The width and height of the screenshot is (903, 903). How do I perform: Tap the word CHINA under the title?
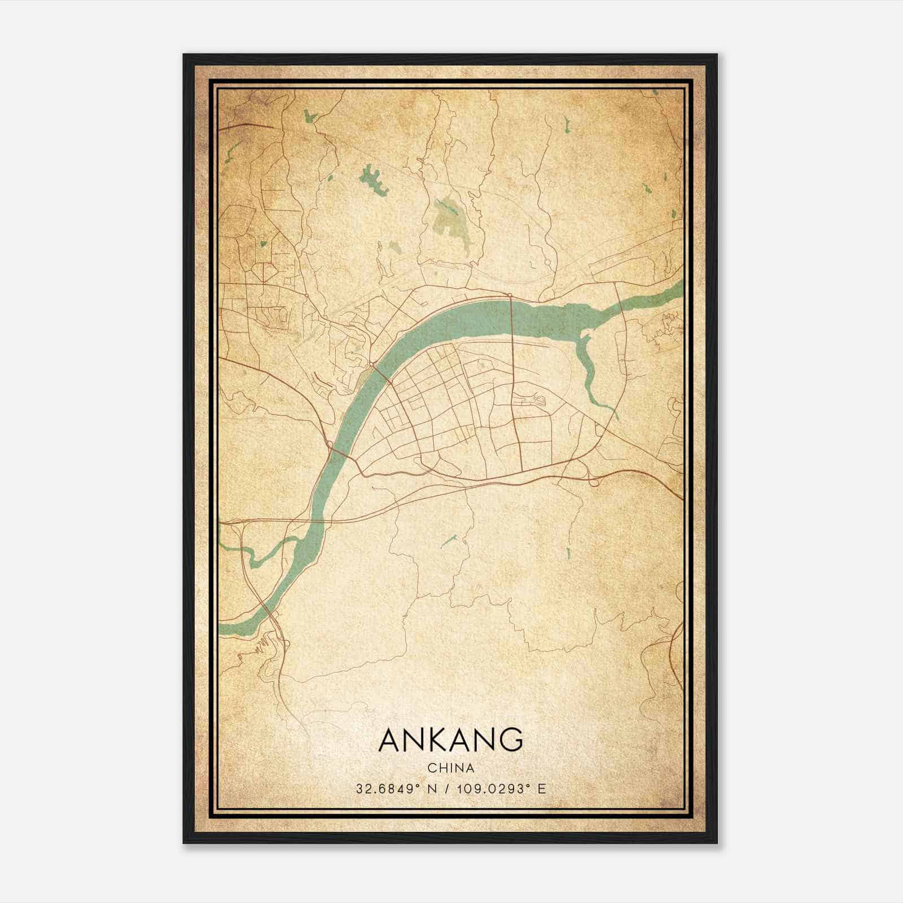[x=450, y=768]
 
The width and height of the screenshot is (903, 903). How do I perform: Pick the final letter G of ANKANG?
[x=510, y=740]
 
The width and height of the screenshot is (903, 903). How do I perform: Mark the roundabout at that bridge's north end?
[x=510, y=295]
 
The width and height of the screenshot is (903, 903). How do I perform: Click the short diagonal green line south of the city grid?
[x=449, y=541]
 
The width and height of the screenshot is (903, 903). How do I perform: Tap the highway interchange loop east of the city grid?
[x=593, y=480]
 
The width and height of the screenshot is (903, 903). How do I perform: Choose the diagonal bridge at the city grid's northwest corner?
[x=381, y=372]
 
